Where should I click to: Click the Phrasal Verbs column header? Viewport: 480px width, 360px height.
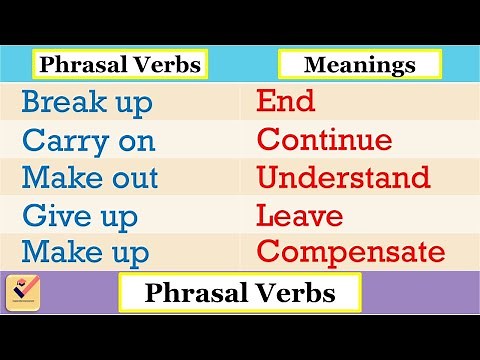tap(119, 66)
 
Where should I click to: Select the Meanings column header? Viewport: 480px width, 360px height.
tap(360, 66)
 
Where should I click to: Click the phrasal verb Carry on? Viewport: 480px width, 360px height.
tap(88, 140)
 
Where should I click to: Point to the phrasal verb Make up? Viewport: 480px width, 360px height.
tap(85, 251)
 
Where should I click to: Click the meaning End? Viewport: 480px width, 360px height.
tap(286, 101)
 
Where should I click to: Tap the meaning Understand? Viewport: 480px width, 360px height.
tap(343, 178)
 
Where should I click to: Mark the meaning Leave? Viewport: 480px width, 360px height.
tap(300, 215)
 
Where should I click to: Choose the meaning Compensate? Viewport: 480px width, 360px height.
tap(350, 251)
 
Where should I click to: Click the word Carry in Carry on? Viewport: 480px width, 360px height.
tap(60, 140)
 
